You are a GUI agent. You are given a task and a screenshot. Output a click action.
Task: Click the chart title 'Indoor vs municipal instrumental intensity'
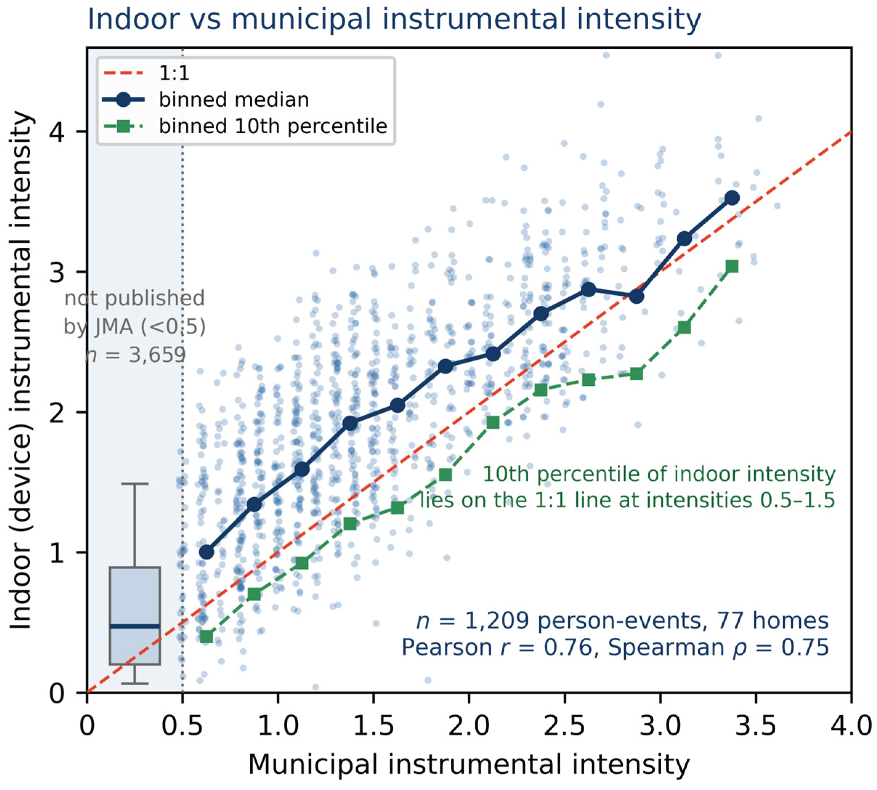tap(394, 19)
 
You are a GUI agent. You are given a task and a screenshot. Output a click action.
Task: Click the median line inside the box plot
tap(135, 626)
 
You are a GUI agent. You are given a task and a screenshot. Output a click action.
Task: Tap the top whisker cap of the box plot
tap(135, 483)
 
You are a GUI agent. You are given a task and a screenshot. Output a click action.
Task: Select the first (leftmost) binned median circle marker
tap(207, 552)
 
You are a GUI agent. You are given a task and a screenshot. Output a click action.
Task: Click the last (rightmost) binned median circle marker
tap(732, 198)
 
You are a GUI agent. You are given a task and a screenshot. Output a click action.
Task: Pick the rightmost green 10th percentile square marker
tap(732, 266)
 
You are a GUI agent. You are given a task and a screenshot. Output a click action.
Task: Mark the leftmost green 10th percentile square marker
tap(207, 636)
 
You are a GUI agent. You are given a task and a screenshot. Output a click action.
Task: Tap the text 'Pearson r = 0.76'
tap(497, 647)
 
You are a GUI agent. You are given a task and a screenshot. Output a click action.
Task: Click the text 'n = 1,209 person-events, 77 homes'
tap(623, 621)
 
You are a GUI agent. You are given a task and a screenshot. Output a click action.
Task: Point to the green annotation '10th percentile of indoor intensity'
tap(659, 474)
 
